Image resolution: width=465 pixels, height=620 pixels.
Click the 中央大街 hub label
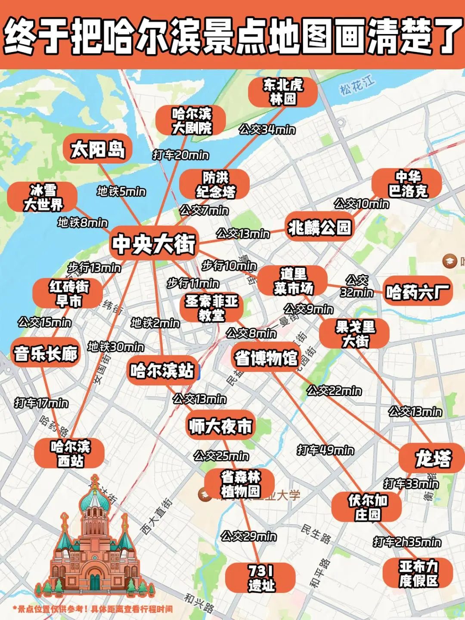pos(154,244)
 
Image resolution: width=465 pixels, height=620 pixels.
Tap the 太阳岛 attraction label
pos(98,149)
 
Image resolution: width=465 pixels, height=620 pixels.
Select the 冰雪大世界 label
pos(43,197)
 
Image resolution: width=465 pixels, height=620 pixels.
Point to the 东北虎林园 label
pos(283,92)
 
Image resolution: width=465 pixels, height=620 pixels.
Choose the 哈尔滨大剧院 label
pos(191,121)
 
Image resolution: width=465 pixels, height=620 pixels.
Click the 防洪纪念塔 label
pos(215,184)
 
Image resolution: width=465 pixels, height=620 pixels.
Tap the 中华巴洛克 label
pos(407,184)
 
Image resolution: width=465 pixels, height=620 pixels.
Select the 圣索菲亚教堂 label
pos(211,308)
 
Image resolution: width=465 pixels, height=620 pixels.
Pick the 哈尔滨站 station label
pos(162,370)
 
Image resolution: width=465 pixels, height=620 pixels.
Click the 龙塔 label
pos(432,459)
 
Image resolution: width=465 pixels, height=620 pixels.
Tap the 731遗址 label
pos(260,578)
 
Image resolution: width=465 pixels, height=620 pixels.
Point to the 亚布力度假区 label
pos(418,573)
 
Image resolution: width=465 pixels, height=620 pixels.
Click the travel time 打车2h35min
pos(407,542)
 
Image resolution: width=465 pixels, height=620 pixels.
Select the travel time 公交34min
pos(267,129)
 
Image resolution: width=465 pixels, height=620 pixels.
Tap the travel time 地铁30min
pos(116,347)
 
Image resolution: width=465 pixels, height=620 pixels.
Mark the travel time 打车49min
pos(325,450)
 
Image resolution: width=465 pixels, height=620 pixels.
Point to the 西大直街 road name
pos(157,516)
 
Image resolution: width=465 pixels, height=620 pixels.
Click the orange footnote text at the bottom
pos(93,609)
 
